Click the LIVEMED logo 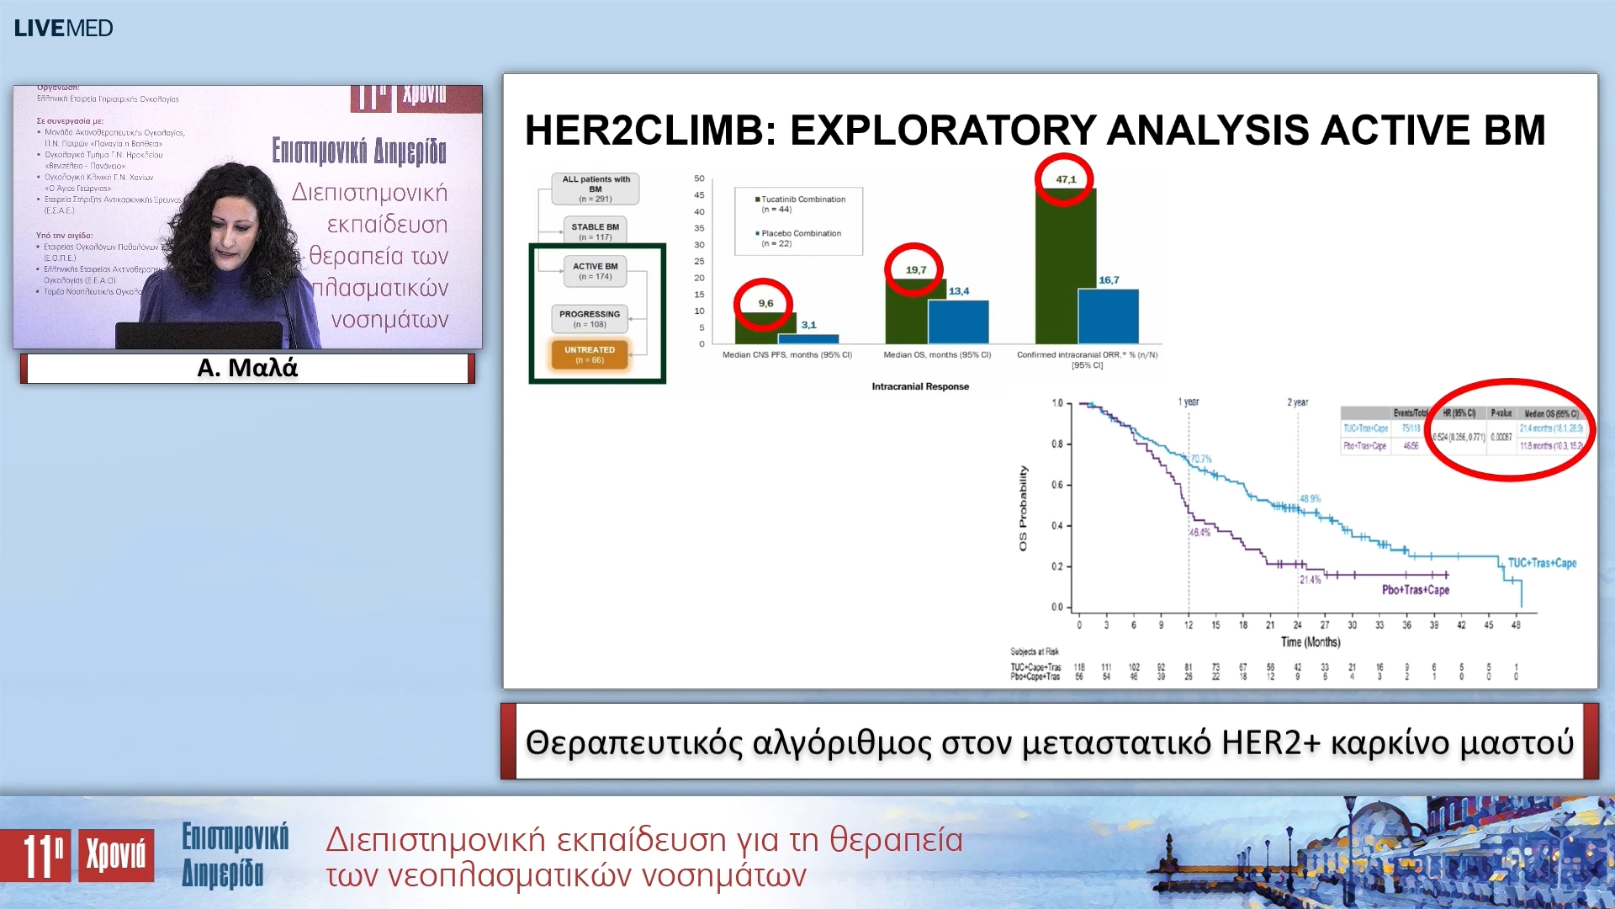[63, 28]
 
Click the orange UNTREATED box [590, 354]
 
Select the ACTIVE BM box [595, 270]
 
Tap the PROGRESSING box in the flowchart [590, 318]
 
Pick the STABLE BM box [595, 231]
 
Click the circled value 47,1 [1065, 179]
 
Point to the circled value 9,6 [765, 303]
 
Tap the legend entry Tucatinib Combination [802, 199]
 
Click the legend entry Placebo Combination [800, 233]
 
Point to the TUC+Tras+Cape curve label [1541, 563]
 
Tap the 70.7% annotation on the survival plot [1201, 459]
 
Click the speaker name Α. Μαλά [247, 368]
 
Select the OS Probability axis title [1023, 508]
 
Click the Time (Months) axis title [1310, 642]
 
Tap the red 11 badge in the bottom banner [35, 855]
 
